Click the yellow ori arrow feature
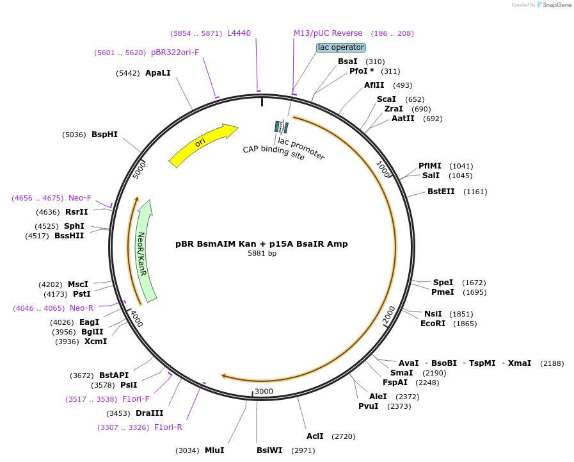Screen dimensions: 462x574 point(202,144)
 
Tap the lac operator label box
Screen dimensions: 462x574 point(341,47)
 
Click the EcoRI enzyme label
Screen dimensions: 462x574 point(433,324)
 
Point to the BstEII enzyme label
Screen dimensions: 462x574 point(441,192)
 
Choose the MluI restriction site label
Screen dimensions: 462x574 point(214,450)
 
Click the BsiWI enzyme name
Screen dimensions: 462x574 point(269,450)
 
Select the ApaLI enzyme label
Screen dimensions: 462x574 point(158,73)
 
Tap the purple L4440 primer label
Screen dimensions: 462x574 point(239,33)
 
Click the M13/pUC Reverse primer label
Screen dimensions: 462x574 point(328,33)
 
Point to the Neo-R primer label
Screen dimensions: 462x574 point(82,308)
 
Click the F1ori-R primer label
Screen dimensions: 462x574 point(168,427)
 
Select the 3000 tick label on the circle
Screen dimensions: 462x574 point(264,392)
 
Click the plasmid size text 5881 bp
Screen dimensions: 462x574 point(262,254)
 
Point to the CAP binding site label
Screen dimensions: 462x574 point(273,153)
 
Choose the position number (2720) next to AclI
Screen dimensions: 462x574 point(344,436)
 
